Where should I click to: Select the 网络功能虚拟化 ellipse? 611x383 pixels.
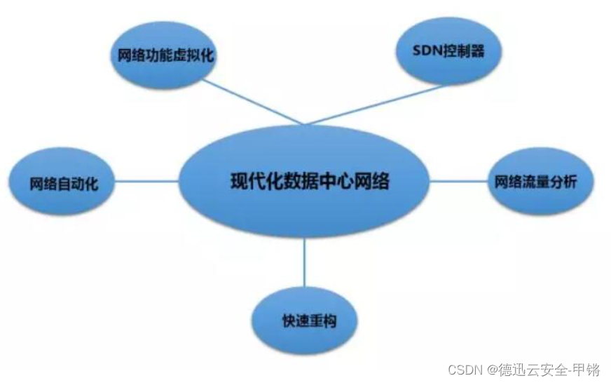click(x=162, y=56)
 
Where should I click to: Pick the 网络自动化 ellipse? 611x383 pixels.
click(x=64, y=184)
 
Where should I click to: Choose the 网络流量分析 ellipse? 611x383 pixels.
click(x=541, y=181)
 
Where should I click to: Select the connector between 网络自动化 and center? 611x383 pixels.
click(x=147, y=182)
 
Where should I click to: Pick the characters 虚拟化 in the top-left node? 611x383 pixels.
click(x=197, y=57)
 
